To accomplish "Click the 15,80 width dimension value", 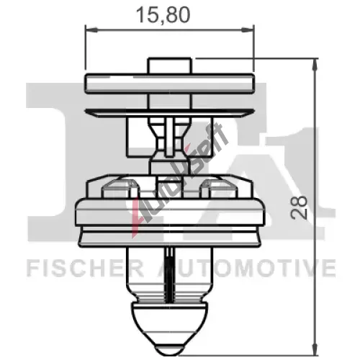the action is [163, 15].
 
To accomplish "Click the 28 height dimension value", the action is [299, 207].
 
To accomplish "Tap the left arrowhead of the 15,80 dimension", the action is [91, 30].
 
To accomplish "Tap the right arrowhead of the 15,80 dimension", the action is [247, 30].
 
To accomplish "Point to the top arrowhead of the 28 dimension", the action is [315, 64].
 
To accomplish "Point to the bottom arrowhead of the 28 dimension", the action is [315, 349].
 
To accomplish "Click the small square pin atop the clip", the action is [170, 66].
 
